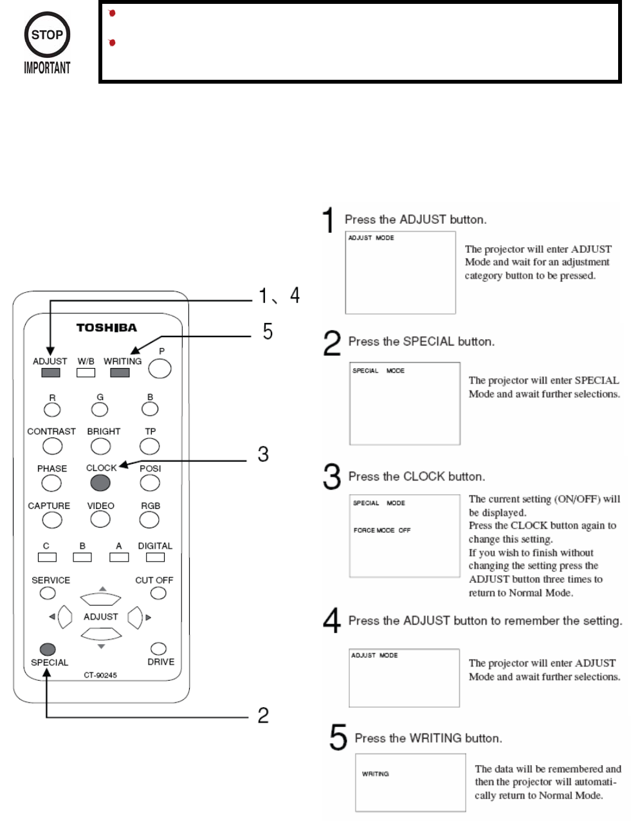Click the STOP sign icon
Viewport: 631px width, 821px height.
tap(47, 36)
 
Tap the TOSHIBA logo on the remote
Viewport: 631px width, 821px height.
tap(106, 327)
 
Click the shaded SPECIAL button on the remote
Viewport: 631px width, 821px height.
tap(48, 649)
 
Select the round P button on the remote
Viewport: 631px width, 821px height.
tap(160, 369)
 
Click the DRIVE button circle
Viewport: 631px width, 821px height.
tap(158, 649)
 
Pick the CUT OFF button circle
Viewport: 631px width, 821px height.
tap(158, 593)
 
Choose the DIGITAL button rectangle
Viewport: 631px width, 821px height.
tap(155, 557)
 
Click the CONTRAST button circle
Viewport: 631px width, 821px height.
tap(52, 445)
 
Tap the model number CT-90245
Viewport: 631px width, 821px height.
tap(100, 676)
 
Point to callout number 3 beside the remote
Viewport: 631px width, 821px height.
tap(263, 454)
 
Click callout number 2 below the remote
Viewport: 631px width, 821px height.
tap(263, 715)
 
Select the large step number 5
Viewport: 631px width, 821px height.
tap(338, 737)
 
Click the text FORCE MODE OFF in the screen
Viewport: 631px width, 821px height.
tap(381, 530)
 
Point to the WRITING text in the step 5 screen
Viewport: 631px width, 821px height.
tap(375, 774)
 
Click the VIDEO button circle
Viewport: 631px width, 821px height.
tap(100, 519)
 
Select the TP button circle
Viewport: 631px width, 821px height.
tap(150, 445)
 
